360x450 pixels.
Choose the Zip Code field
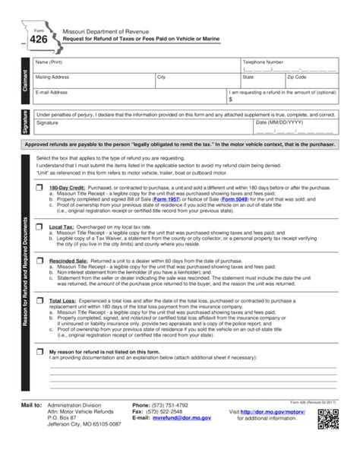311,81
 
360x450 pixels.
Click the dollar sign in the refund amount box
231,99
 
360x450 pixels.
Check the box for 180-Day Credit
40,186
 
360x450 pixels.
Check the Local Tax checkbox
40,227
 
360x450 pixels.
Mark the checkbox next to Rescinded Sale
40,258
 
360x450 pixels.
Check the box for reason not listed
40,352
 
